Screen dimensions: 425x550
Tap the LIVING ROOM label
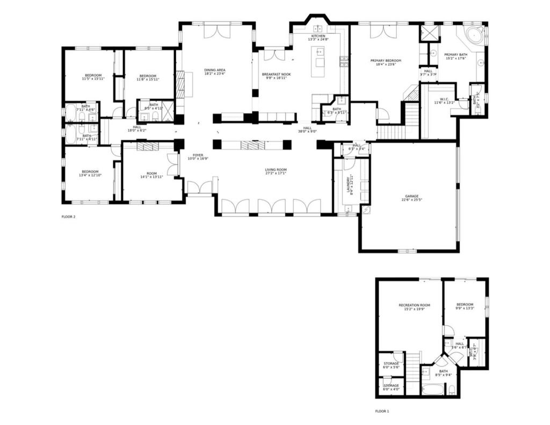(x=276, y=170)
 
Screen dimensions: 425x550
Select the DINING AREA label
(x=214, y=70)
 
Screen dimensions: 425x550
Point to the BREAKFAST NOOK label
(x=276, y=74)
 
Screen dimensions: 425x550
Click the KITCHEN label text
(x=318, y=36)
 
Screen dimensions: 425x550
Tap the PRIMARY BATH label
(x=455, y=55)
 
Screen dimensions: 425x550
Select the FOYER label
(x=198, y=155)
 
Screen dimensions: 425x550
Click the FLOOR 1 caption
(x=382, y=411)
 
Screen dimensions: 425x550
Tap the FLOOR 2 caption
(x=69, y=217)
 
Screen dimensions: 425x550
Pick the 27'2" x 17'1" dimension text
(x=276, y=173)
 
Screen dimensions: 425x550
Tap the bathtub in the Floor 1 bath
(x=432, y=388)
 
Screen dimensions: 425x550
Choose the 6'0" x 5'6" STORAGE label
(x=391, y=365)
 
